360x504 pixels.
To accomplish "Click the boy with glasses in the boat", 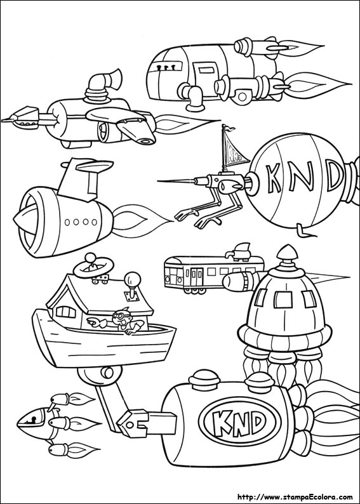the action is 127,321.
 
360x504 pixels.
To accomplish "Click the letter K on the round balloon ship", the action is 274,178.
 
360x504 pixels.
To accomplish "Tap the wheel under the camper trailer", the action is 242,96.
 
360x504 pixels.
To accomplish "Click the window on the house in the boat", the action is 65,312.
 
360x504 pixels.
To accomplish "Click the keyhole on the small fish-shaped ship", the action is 33,419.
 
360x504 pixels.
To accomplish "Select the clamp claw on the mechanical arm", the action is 133,423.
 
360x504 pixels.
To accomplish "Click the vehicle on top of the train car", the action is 240,252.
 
